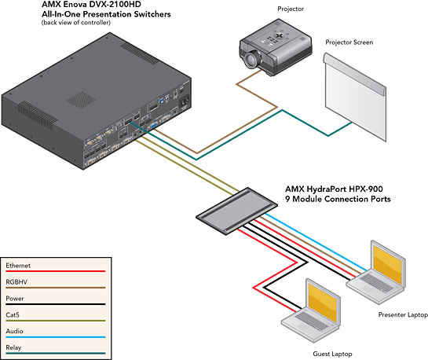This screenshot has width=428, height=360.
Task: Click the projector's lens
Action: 251,60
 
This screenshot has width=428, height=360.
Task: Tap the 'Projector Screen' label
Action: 349,42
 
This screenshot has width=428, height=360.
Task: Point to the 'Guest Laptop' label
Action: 332,354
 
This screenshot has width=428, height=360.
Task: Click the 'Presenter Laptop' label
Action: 403,314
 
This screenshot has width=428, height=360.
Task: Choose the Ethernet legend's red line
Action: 56,271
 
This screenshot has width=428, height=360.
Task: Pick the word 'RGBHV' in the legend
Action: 16,282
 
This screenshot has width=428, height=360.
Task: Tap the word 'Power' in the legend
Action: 15,298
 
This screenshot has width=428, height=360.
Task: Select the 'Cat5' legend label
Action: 13,315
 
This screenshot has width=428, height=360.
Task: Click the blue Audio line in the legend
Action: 56,337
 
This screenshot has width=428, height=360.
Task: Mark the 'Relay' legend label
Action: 13,347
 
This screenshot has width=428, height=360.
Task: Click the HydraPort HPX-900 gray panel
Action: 236,211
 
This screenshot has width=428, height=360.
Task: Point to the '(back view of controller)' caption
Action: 76,22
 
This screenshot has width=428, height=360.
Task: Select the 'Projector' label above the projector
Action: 291,9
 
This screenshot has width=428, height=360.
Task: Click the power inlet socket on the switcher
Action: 185,102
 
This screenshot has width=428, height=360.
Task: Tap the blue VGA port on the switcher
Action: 152,127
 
